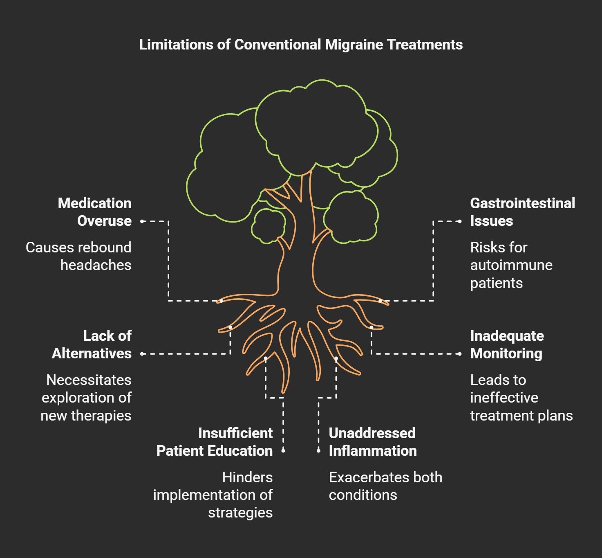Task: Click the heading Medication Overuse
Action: tap(95, 212)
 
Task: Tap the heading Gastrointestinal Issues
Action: tap(522, 212)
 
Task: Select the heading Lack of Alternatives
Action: tap(92, 344)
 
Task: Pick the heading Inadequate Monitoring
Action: tap(507, 344)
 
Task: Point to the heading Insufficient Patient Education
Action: tap(215, 442)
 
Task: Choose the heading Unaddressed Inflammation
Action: tap(373, 442)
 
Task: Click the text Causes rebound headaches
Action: tap(78, 256)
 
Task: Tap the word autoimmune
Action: tap(511, 265)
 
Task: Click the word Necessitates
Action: tap(89, 380)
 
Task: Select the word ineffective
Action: tap(504, 398)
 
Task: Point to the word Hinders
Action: tap(247, 477)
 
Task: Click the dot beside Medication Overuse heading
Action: tap(142, 221)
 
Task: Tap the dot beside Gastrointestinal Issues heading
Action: tap(460, 221)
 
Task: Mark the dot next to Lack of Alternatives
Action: tap(142, 354)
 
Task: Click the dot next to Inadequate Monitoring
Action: tap(460, 354)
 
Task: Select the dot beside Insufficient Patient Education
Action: tap(283, 451)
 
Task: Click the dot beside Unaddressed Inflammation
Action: tap(319, 451)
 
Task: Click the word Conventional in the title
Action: tap(278, 45)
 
